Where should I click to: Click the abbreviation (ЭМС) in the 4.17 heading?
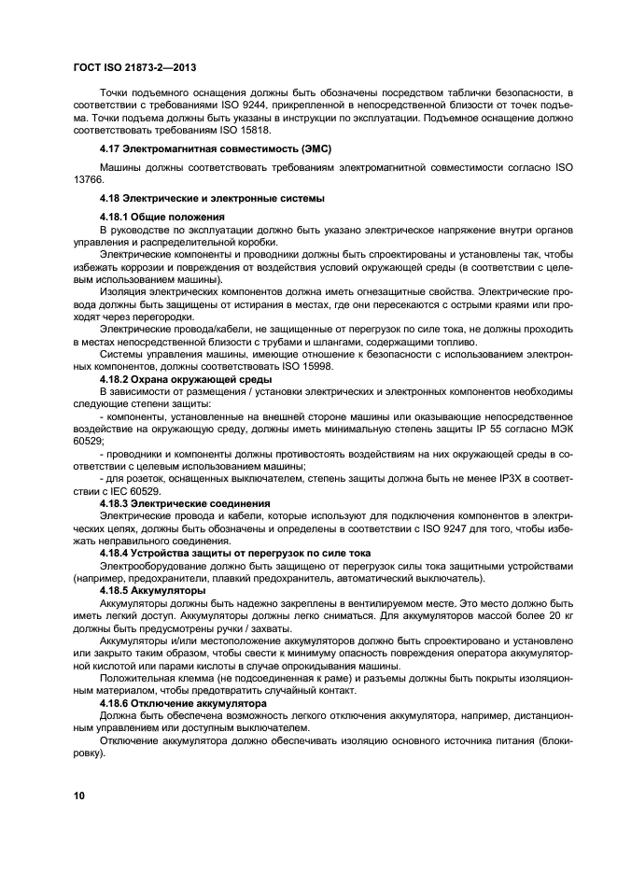pyautogui.click(x=312, y=149)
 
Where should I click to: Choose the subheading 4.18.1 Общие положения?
pyautogui.click(x=161, y=217)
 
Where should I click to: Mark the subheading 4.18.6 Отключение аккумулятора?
pyautogui.click(x=183, y=701)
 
